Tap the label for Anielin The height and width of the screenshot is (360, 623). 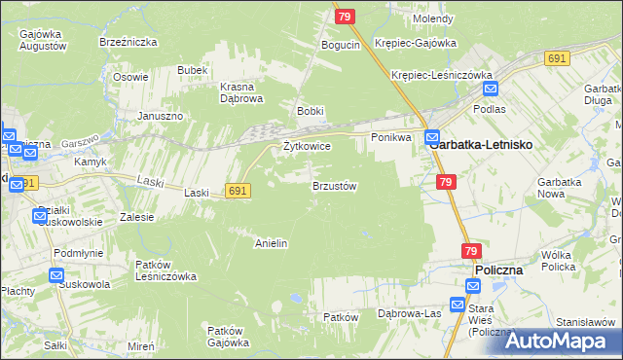(x=271, y=243)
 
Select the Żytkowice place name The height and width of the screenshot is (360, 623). (x=307, y=146)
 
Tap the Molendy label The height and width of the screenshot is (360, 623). (x=433, y=18)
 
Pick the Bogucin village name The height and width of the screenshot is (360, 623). (x=341, y=46)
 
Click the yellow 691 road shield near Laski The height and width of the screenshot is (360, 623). (x=238, y=192)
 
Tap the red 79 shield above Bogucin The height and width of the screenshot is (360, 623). (x=344, y=17)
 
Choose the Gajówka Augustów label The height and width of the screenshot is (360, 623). (x=42, y=40)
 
